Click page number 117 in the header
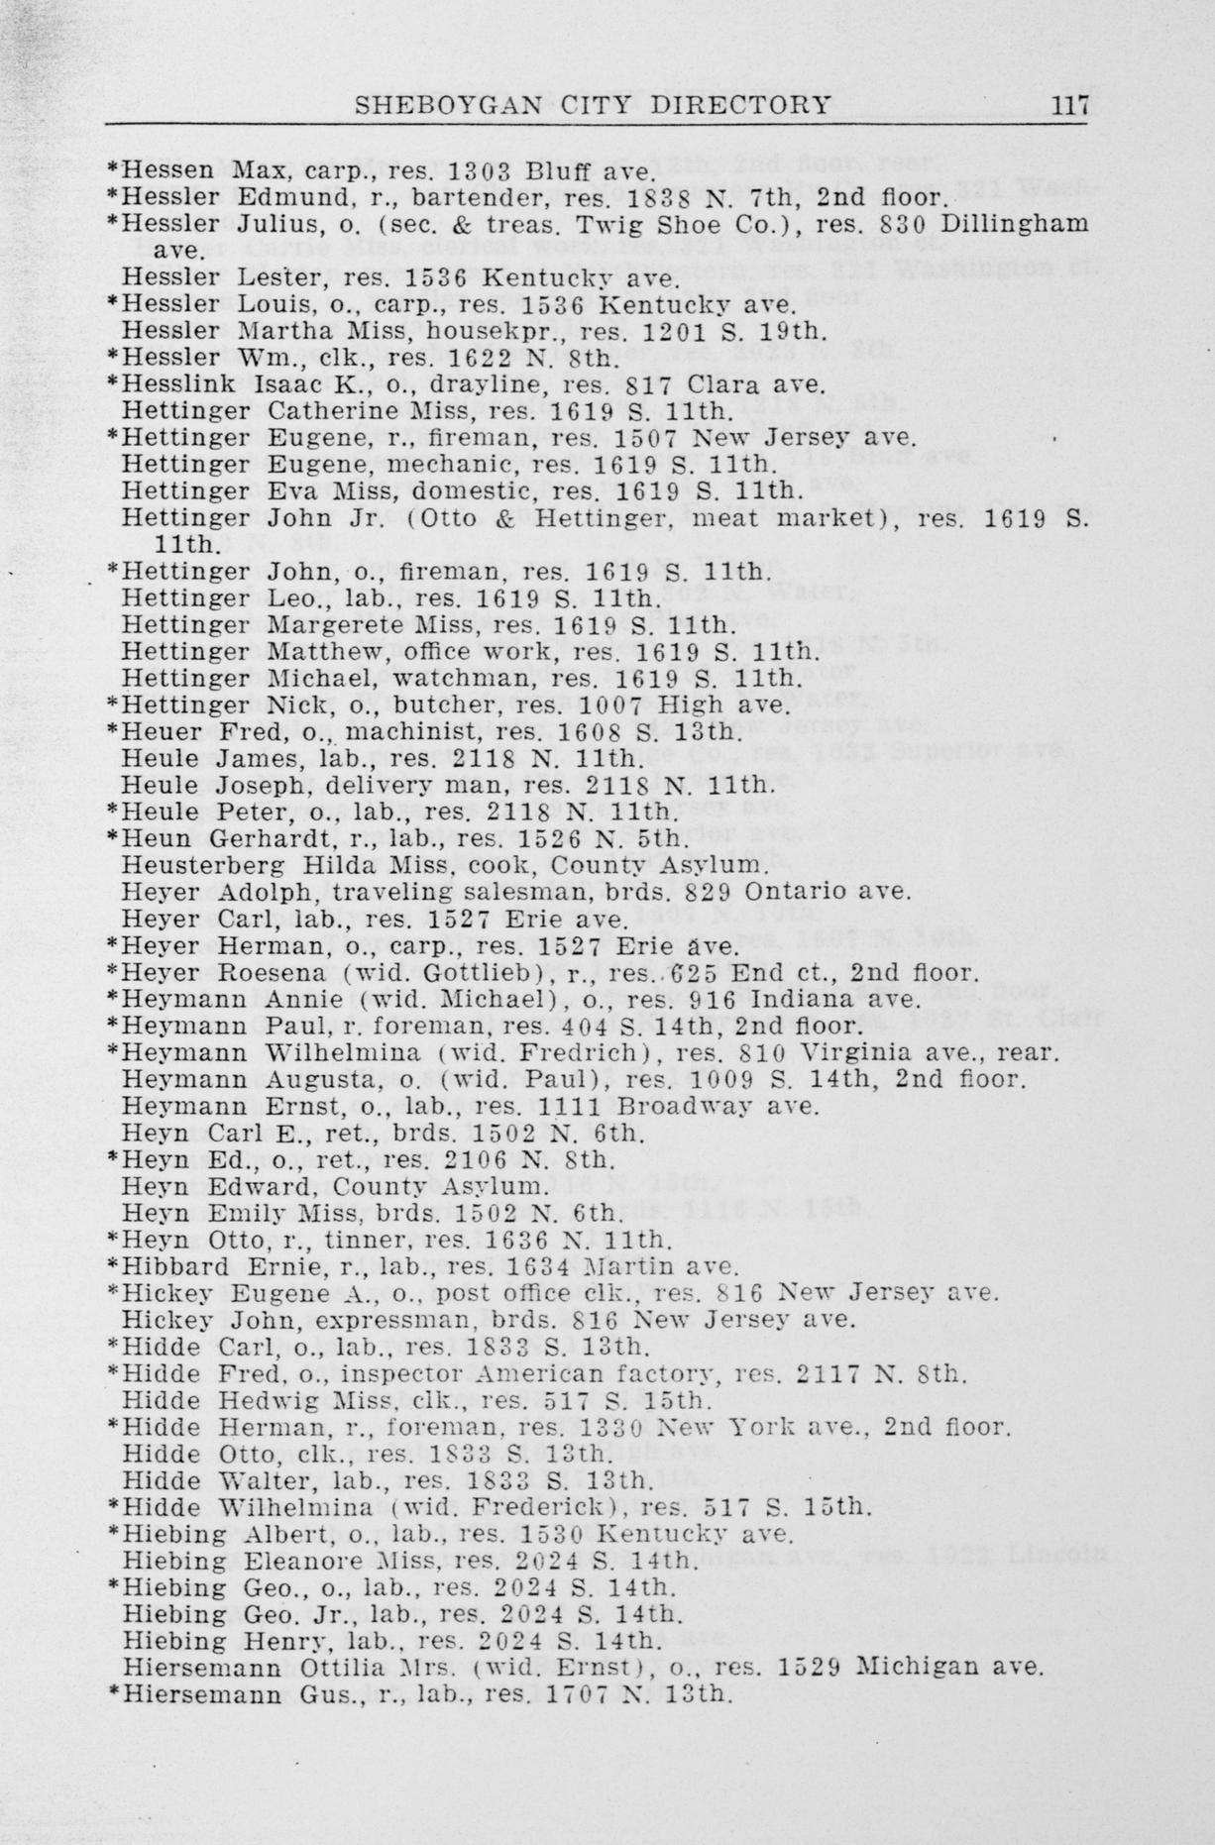1070,104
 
